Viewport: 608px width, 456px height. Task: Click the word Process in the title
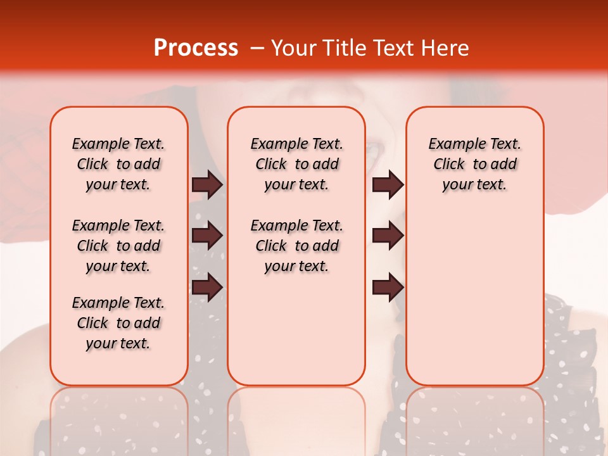(196, 48)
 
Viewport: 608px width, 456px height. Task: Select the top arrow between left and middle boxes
(207, 185)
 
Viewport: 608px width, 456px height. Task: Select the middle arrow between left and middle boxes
(207, 236)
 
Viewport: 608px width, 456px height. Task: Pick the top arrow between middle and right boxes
(388, 185)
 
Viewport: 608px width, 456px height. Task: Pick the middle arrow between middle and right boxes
(388, 236)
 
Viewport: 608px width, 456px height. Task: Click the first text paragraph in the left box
(118, 164)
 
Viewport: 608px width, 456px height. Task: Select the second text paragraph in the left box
(118, 246)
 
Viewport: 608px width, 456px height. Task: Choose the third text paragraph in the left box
(118, 323)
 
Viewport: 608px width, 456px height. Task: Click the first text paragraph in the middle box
(296, 164)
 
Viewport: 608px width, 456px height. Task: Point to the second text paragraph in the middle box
(296, 246)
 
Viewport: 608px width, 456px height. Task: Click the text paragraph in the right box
(474, 164)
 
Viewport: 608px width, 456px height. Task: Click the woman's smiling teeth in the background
(374, 152)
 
